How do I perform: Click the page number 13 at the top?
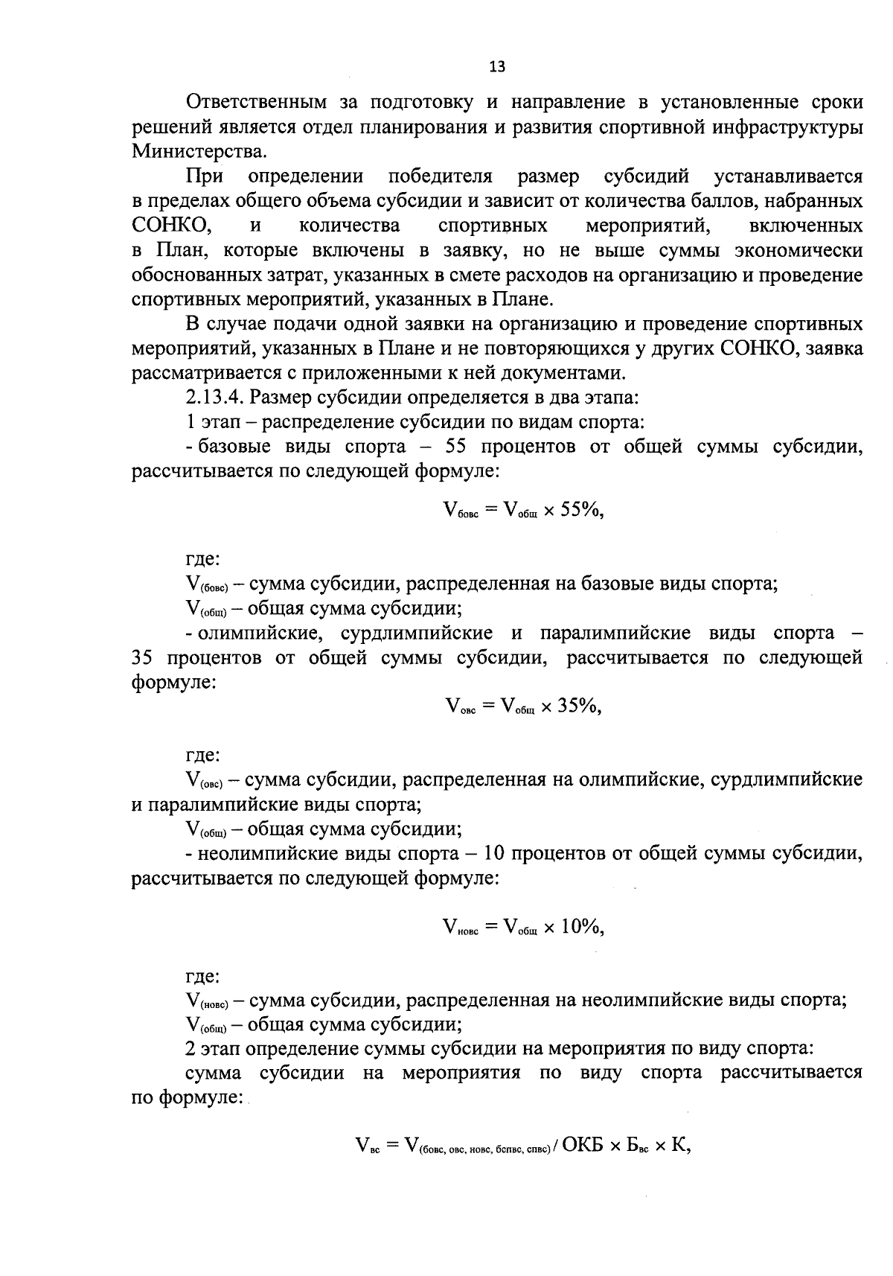coord(497,67)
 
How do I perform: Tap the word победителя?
coord(441,176)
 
